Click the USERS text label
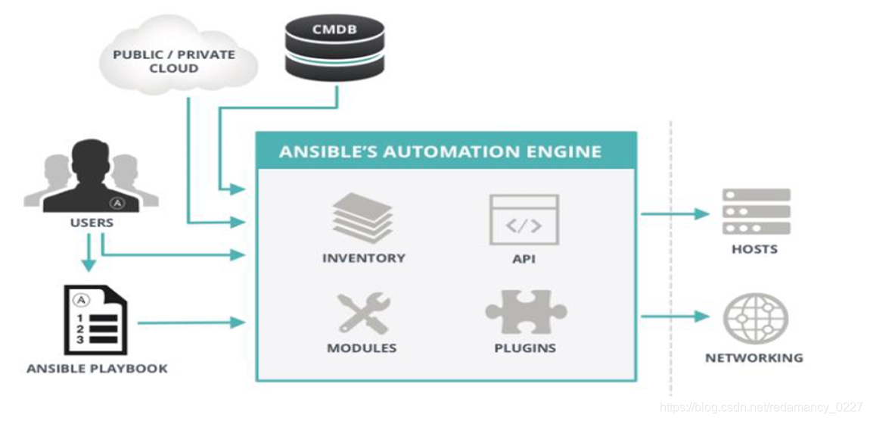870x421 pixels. (x=92, y=223)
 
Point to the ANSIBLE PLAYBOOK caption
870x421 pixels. (x=97, y=369)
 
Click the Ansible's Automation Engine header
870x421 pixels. (x=440, y=151)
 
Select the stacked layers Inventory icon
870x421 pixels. (x=363, y=217)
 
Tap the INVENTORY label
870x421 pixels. (x=363, y=258)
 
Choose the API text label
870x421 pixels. (x=524, y=258)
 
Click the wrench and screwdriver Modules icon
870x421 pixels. (x=362, y=312)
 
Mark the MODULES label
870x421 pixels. (x=362, y=348)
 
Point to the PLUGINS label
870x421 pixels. (x=525, y=348)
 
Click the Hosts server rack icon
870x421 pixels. (x=755, y=211)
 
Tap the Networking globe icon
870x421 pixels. (x=754, y=319)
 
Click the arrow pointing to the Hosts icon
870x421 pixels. (x=675, y=214)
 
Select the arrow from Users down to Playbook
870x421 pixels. (x=89, y=253)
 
